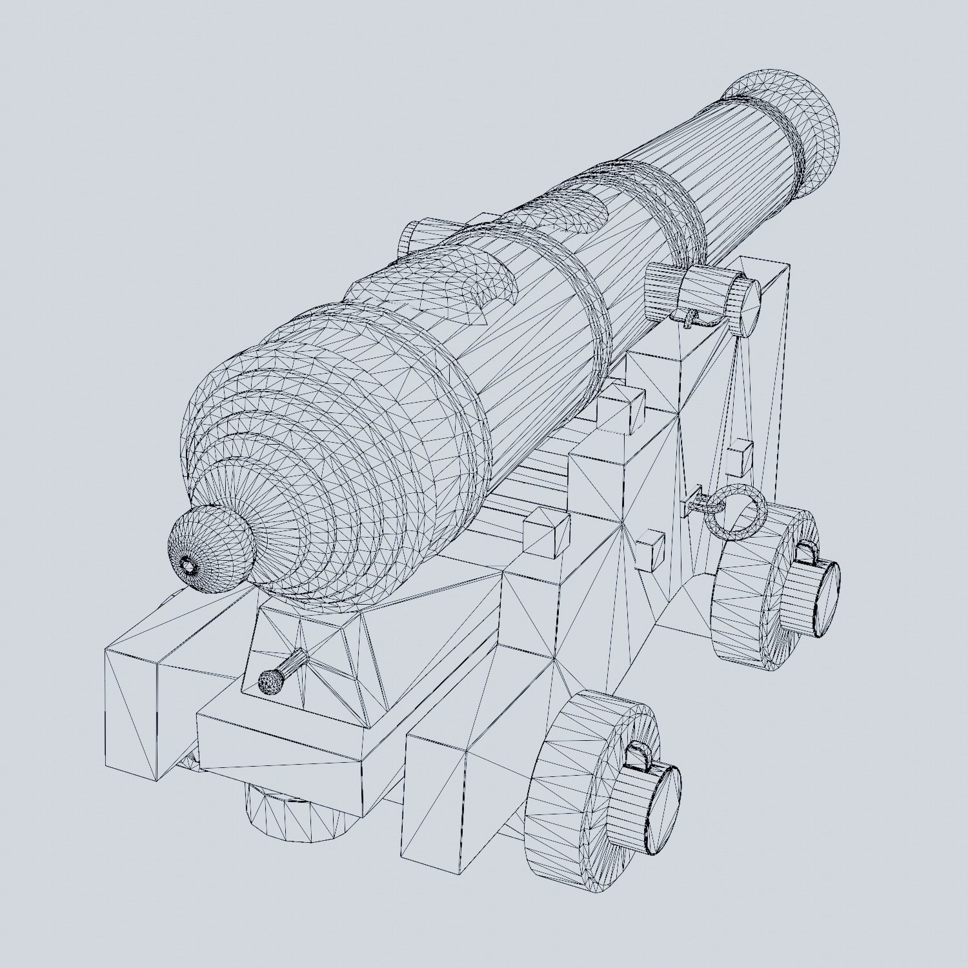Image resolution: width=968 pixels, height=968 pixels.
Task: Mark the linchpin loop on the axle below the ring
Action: coord(805,552)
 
